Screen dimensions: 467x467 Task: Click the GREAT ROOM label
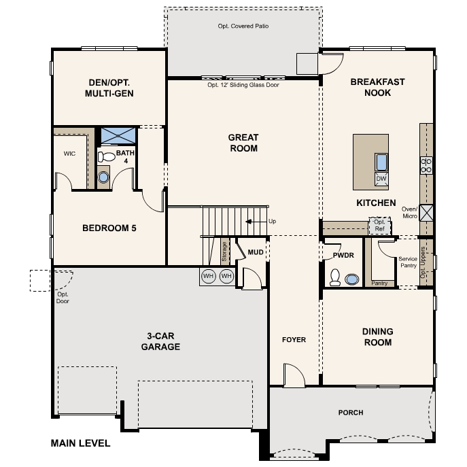click(x=243, y=143)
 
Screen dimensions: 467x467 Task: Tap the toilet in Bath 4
click(x=106, y=156)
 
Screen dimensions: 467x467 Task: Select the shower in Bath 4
click(x=118, y=135)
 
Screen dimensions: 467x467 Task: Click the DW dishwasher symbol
click(x=381, y=179)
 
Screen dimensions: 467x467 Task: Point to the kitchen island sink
click(x=381, y=162)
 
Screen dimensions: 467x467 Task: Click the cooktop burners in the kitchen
click(x=426, y=166)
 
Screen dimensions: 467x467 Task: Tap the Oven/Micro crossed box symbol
click(x=426, y=213)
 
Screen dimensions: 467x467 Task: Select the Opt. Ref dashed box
click(x=379, y=226)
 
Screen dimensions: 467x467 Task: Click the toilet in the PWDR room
click(x=335, y=277)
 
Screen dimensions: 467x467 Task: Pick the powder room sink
click(x=351, y=279)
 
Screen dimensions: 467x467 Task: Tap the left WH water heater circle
click(x=209, y=276)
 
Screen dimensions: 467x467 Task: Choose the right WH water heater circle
click(x=226, y=276)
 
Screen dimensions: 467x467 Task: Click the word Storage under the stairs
click(x=224, y=252)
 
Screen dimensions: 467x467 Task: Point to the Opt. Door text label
click(x=63, y=298)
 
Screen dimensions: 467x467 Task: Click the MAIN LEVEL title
click(x=80, y=443)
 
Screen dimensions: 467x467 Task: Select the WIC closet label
click(x=69, y=154)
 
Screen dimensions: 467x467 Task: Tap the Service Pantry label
click(x=408, y=262)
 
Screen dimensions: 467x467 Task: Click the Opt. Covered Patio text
click(x=243, y=27)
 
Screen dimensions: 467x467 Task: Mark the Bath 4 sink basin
click(x=103, y=177)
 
